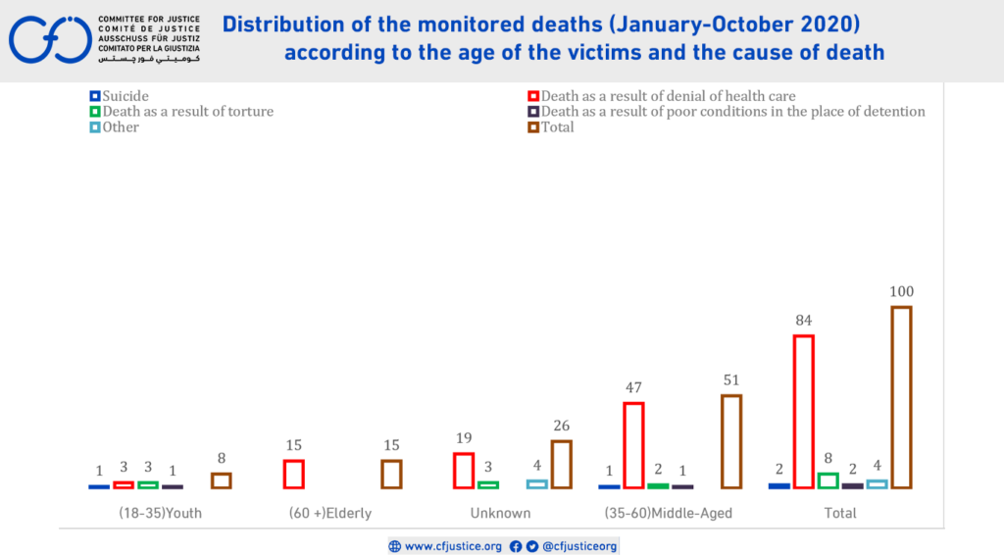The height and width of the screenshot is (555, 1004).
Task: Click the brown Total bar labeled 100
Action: (x=901, y=397)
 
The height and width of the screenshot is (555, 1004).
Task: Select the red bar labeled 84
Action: (x=803, y=412)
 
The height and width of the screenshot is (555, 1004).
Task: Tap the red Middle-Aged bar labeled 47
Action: (x=633, y=445)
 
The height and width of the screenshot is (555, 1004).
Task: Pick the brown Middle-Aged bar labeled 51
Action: (x=731, y=441)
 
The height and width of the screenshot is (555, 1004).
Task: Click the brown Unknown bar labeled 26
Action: (x=561, y=464)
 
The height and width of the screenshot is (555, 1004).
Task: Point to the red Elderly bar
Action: (x=293, y=474)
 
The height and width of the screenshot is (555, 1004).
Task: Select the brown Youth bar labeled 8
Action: (x=222, y=480)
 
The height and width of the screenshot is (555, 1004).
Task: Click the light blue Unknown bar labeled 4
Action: (x=536, y=483)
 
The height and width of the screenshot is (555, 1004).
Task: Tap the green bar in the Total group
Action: (x=828, y=480)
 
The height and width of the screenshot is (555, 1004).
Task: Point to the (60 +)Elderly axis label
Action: (x=330, y=513)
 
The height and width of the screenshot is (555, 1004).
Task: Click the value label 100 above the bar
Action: (x=901, y=292)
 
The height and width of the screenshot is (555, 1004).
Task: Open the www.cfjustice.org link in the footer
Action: (x=453, y=546)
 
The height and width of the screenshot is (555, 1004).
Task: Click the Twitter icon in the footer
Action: (x=531, y=546)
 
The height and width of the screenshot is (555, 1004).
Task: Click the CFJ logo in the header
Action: (x=50, y=39)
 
